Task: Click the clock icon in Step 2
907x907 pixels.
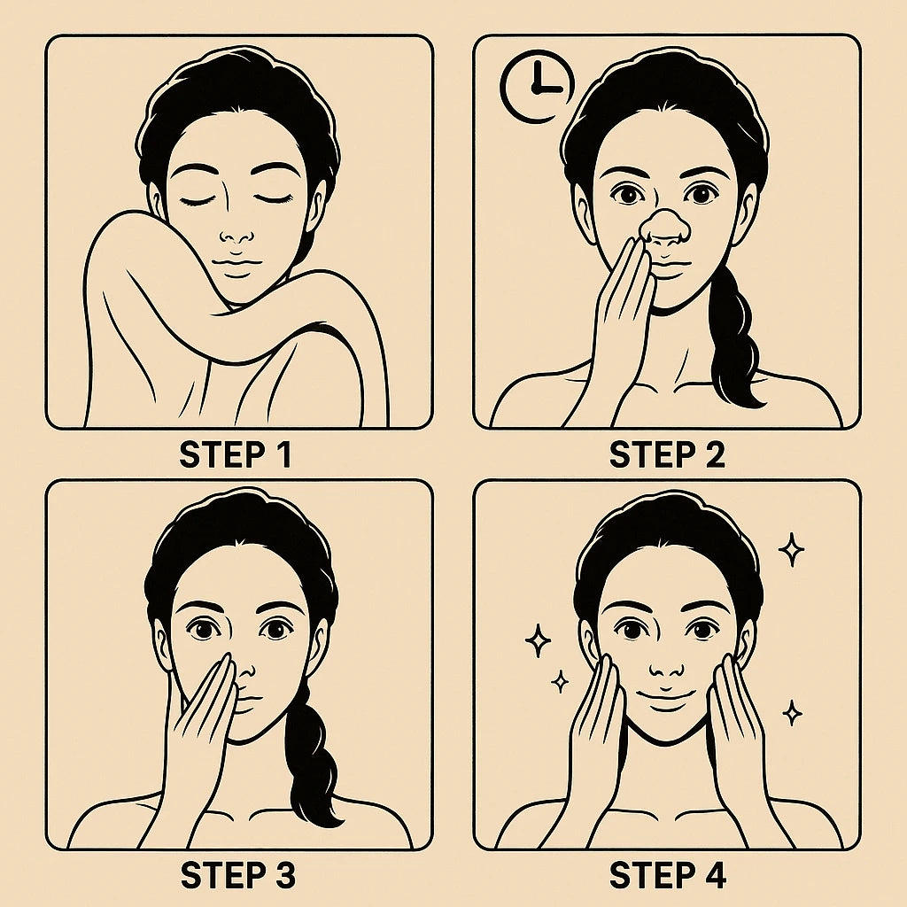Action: (538, 87)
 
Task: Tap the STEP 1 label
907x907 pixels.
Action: (236, 454)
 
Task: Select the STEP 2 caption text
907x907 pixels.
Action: (667, 454)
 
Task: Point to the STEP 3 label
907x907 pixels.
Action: (237, 875)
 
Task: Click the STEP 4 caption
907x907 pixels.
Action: (668, 875)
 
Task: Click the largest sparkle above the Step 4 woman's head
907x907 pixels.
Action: (791, 549)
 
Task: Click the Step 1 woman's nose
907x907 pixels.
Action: (236, 234)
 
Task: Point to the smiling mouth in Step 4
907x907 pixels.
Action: (666, 696)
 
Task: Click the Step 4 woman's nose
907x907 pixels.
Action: (666, 665)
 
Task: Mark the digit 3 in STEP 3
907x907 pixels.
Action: (283, 875)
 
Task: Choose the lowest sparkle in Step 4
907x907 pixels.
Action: (792, 713)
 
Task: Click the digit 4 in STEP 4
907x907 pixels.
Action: (715, 875)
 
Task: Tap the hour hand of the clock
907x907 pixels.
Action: (548, 90)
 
